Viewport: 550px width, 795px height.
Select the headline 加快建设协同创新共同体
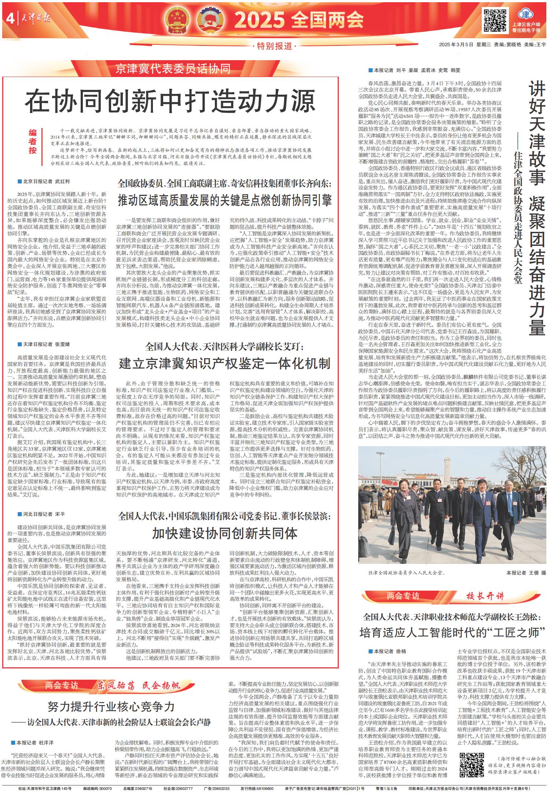coord(224,533)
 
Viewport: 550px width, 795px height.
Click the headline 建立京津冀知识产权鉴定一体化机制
coord(224,364)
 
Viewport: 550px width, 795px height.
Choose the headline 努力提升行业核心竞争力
coord(111,706)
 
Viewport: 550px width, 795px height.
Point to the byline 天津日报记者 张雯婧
coord(44,344)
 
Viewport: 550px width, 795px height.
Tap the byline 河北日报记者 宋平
coord(41,514)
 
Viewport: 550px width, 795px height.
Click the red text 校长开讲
coord(485,596)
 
